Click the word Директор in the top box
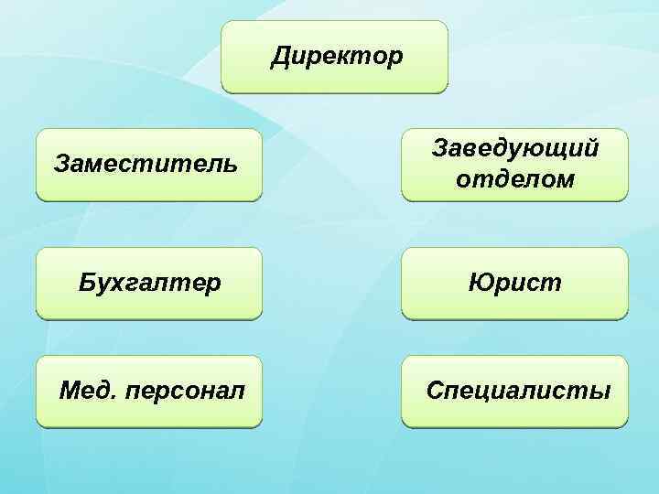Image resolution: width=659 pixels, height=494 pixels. [x=336, y=58]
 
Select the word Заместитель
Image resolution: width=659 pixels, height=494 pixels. [x=146, y=166]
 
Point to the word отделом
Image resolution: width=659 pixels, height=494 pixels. [x=515, y=180]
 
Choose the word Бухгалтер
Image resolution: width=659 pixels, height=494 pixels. [x=149, y=283]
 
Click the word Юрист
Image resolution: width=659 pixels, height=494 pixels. [x=515, y=283]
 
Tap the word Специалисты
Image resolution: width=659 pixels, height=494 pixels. [x=518, y=392]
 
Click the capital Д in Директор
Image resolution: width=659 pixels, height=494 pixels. [x=280, y=58]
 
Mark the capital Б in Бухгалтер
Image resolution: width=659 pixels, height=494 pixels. [x=86, y=283]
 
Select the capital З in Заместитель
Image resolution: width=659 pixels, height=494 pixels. [x=61, y=166]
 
